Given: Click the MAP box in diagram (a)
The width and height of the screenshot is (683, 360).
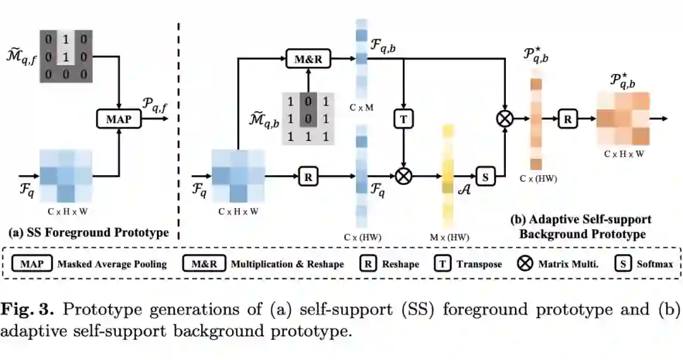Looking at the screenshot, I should point(119,118).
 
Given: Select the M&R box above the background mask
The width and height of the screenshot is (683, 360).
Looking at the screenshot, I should point(309,59).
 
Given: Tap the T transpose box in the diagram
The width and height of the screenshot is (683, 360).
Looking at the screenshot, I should point(403,118).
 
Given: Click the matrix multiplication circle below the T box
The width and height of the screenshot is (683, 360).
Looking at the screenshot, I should point(403,177).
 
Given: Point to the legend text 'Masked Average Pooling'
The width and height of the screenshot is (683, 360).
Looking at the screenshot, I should point(112,263).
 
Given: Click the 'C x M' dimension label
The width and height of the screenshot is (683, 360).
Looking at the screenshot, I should point(361,108).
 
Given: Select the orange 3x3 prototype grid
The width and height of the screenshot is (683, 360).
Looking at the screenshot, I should point(622,118).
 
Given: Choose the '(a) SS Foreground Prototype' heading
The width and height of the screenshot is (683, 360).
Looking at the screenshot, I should point(88,232).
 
